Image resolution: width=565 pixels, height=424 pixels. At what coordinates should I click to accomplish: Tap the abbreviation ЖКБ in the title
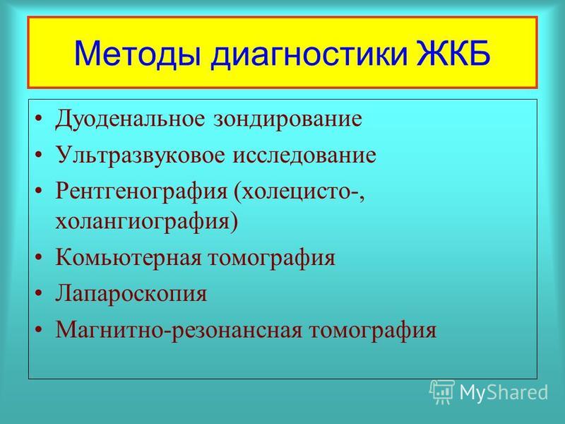(453, 53)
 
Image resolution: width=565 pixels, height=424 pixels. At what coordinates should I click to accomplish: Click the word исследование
(304, 155)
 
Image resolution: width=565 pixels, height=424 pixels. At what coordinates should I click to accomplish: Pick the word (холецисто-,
(299, 192)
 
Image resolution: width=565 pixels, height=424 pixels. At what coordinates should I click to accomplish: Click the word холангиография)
(147, 221)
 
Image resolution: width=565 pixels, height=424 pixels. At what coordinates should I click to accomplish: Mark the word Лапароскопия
(131, 295)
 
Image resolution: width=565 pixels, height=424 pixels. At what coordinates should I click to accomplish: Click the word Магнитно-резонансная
(179, 331)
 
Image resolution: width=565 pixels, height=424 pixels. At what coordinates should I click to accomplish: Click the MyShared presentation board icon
(442, 392)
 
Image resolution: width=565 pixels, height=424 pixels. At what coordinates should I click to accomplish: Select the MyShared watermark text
(504, 392)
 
